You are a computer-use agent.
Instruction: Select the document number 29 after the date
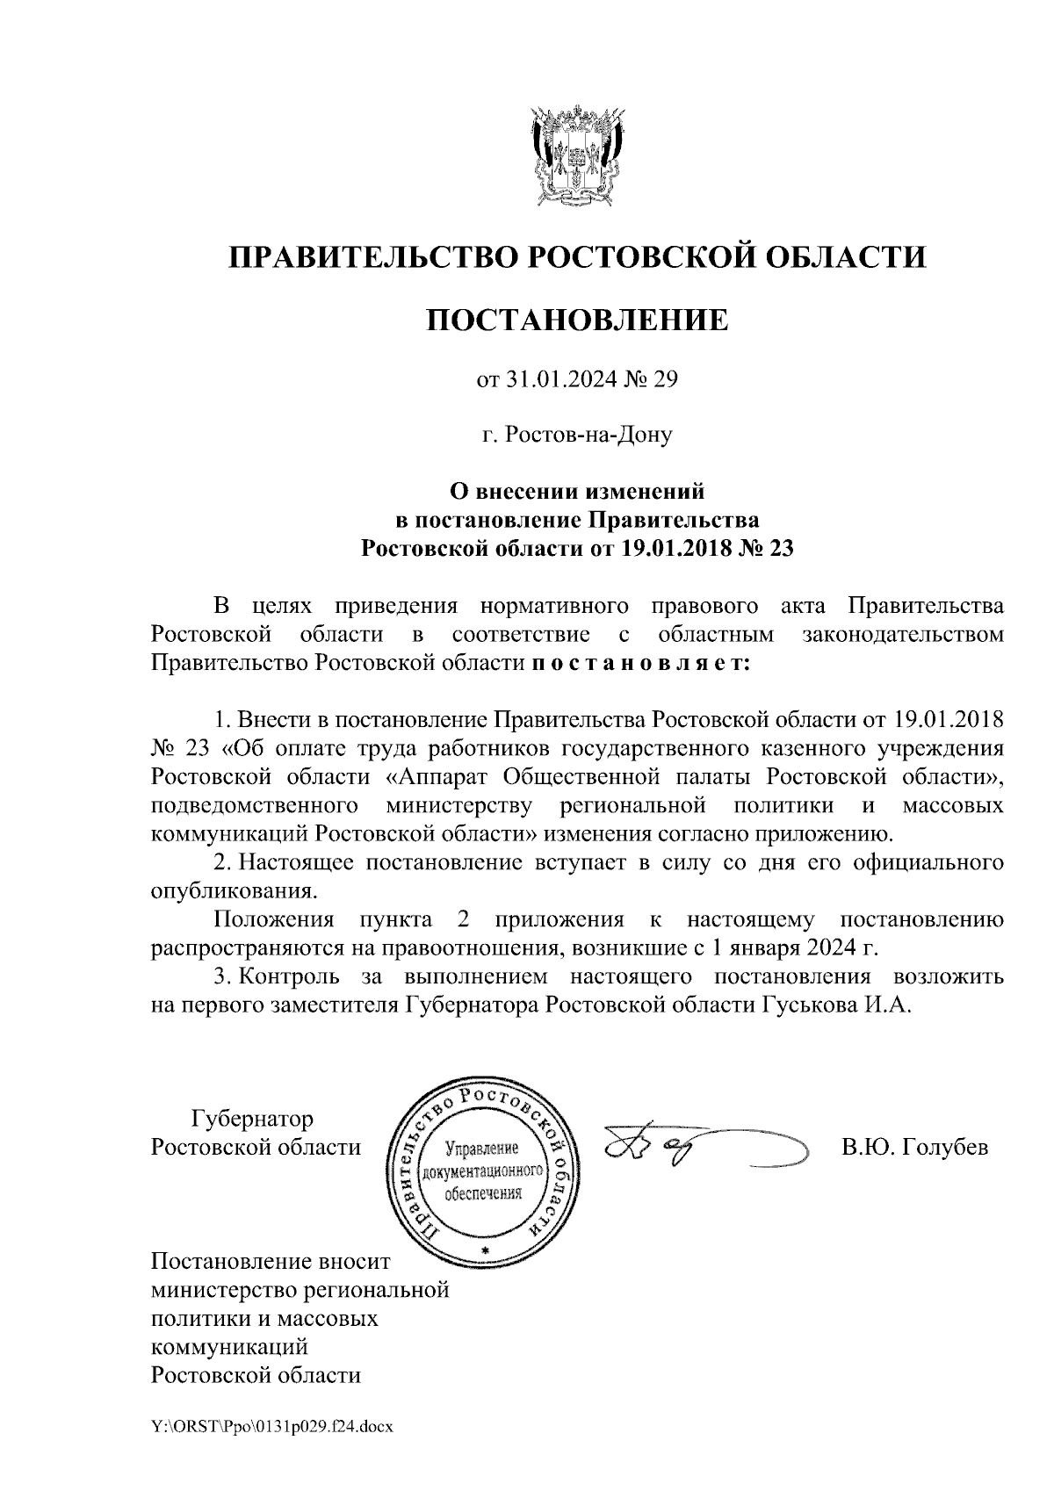click(x=667, y=381)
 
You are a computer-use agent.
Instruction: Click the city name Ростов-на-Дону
click(x=577, y=435)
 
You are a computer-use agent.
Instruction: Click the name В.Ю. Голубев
click(x=914, y=1148)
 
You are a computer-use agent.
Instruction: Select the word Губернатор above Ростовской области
click(x=252, y=1120)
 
